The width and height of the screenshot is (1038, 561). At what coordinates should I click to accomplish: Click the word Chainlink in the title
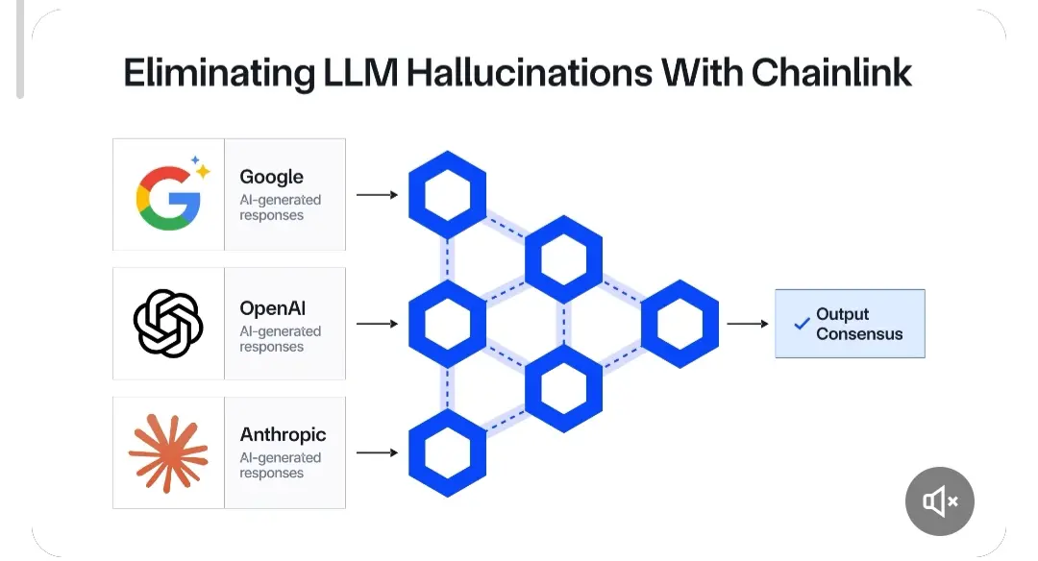831,74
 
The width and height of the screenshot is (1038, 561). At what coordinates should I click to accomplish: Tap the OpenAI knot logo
168,324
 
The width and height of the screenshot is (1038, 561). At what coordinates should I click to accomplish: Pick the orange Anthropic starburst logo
168,451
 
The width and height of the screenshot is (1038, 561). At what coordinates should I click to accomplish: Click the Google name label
271,177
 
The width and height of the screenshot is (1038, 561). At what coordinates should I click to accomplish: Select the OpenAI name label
273,309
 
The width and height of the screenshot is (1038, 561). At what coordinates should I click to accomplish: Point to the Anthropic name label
283,435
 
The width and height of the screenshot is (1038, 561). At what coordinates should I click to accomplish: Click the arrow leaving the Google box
377,195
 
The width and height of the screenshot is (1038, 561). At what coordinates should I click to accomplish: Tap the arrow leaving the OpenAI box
377,324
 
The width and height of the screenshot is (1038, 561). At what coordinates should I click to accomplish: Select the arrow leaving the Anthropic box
377,452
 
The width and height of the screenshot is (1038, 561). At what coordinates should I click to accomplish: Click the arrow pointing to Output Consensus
747,324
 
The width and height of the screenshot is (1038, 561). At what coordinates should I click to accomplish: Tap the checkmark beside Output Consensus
802,325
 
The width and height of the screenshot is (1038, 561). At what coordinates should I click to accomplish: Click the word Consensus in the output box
859,334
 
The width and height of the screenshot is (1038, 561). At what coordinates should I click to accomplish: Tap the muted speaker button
939,500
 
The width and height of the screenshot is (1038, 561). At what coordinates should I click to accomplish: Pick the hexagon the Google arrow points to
447,195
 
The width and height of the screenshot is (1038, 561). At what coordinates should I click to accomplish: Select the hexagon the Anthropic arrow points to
447,452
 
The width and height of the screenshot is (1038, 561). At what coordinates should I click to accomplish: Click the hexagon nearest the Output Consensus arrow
680,324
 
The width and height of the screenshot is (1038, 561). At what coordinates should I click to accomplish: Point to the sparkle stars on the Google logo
200,167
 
